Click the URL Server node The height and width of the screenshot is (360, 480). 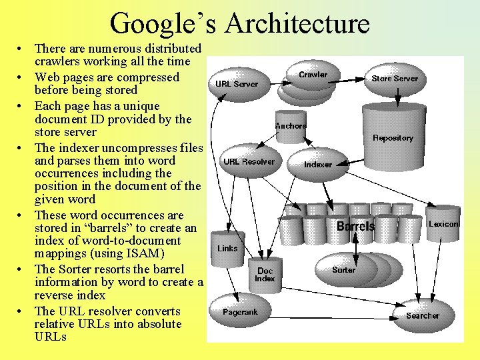click(x=236, y=83)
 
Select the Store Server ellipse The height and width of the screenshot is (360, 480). click(x=395, y=79)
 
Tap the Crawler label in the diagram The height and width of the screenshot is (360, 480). click(x=313, y=75)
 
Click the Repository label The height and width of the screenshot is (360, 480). click(x=393, y=138)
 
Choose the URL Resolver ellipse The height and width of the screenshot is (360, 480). click(x=249, y=161)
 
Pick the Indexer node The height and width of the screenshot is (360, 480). click(x=318, y=164)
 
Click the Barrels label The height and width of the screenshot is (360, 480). click(x=355, y=227)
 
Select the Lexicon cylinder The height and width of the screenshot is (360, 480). click(x=443, y=224)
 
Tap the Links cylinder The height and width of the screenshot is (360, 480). click(x=227, y=248)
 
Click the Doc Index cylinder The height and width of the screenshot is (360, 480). click(x=265, y=275)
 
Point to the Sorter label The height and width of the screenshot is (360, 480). click(x=344, y=270)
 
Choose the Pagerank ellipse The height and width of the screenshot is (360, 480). click(x=240, y=312)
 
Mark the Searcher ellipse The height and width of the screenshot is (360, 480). click(x=423, y=315)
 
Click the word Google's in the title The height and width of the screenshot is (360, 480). click(x=163, y=23)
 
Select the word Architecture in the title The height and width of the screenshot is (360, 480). click(x=297, y=23)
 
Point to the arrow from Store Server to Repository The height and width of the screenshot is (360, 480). click(x=396, y=97)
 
